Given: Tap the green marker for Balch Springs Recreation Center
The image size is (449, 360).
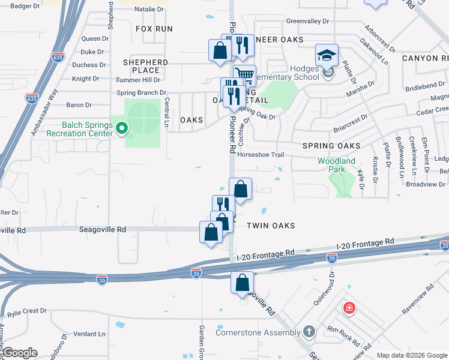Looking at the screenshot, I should [x=122, y=127].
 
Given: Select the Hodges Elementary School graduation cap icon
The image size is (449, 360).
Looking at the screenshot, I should [x=327, y=56].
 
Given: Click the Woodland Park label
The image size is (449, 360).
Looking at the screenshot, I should [x=336, y=165].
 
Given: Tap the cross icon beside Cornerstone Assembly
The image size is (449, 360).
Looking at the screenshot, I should [x=309, y=331].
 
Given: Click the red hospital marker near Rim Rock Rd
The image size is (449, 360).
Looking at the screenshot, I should [x=349, y=308].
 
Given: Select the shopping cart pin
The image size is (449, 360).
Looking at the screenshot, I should [x=244, y=75].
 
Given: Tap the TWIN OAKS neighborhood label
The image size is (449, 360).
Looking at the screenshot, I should [x=271, y=226].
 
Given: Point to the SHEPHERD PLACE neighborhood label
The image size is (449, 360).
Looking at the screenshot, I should [x=145, y=66].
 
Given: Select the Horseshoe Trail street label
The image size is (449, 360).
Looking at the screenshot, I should [x=260, y=154].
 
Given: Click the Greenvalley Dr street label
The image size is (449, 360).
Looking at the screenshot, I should [x=307, y=21].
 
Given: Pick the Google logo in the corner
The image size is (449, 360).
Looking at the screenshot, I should [x=20, y=353].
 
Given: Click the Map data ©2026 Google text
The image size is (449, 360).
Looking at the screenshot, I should [x=411, y=355].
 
